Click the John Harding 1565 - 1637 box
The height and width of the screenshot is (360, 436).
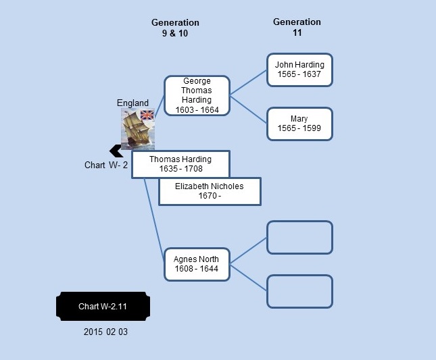tap(299, 70)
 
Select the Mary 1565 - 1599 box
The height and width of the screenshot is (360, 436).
tap(299, 124)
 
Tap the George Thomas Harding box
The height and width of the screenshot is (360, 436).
tap(197, 95)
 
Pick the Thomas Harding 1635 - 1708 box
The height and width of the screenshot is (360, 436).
tap(180, 164)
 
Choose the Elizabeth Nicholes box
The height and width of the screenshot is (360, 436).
tap(210, 191)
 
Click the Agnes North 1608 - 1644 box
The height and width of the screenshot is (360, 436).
tap(197, 265)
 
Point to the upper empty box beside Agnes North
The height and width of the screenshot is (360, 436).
tap(299, 238)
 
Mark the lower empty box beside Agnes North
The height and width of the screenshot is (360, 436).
tap(299, 291)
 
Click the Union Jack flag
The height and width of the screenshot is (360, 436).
tap(147, 115)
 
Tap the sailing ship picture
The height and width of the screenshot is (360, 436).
tap(138, 130)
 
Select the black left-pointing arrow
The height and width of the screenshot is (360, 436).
tap(116, 151)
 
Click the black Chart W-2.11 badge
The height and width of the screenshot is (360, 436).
tap(103, 306)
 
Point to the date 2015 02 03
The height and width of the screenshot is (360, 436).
tap(105, 332)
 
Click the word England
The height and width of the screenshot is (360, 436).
tap(132, 103)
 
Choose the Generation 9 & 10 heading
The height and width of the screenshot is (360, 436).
tap(175, 28)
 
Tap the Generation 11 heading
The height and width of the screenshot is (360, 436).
tap(297, 27)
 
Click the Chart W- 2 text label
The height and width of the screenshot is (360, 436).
tap(106, 165)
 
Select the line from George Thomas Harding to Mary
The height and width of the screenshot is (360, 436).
tap(248, 109)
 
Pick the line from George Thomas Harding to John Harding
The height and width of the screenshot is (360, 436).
tap(248, 82)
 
